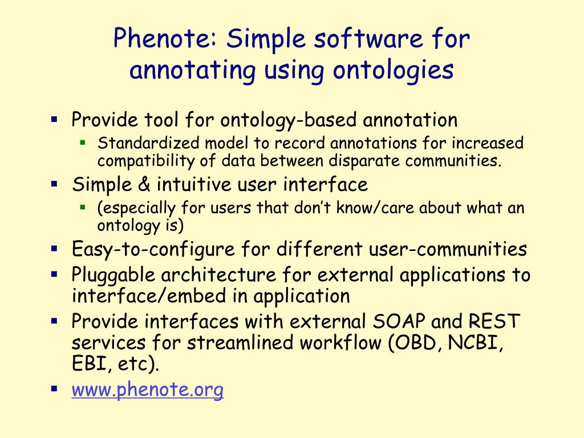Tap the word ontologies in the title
coord(393,70)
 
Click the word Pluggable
coord(113,275)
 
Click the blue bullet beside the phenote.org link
coord(54,389)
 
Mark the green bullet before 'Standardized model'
coord(83,141)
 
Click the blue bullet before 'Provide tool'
coord(54,119)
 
